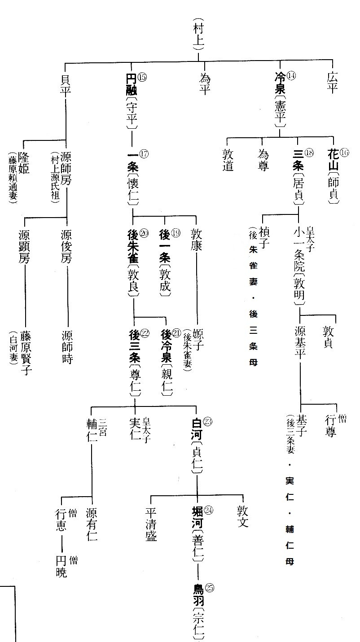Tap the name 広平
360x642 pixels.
[x=332, y=82]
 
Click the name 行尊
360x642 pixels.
[x=330, y=426]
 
